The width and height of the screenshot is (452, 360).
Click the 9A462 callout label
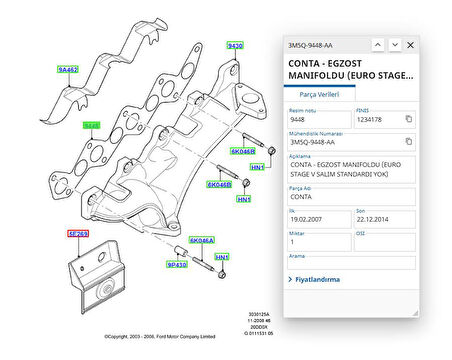[67, 71]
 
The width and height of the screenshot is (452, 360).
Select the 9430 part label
[235, 46]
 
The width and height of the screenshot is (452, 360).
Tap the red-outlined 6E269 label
[78, 233]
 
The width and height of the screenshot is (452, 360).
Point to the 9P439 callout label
[178, 265]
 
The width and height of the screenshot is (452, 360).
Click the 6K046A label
[202, 241]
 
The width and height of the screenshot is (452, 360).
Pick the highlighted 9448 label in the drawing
[92, 126]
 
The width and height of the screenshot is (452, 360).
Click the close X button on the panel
[410, 45]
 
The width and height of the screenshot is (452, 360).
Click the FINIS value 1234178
[371, 119]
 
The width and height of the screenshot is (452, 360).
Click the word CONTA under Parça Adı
[302, 196]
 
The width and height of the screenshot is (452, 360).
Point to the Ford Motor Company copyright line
[159, 337]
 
